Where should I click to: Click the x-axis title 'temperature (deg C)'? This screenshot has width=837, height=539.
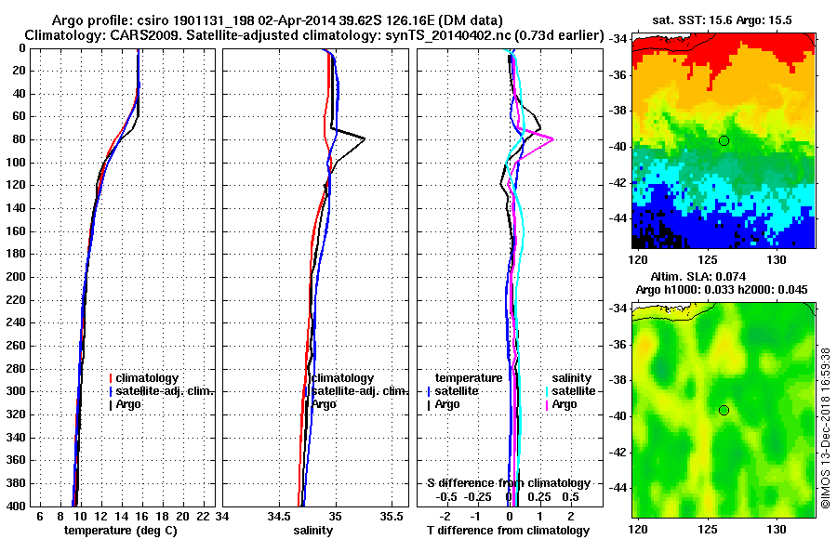click(x=120, y=531)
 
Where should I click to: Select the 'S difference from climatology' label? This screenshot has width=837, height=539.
click(x=508, y=483)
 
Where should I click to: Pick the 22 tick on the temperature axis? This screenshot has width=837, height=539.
click(x=200, y=516)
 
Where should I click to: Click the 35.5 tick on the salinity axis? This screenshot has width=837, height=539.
click(x=393, y=516)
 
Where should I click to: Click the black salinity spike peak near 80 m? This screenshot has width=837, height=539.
click(x=365, y=138)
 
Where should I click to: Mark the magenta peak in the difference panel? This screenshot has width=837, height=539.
click(x=553, y=138)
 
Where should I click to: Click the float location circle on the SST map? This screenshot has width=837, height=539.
click(x=724, y=140)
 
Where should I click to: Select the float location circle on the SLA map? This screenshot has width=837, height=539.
click(x=724, y=410)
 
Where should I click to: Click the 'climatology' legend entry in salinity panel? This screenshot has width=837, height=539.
click(x=342, y=378)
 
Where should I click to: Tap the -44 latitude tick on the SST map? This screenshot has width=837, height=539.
click(x=618, y=217)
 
